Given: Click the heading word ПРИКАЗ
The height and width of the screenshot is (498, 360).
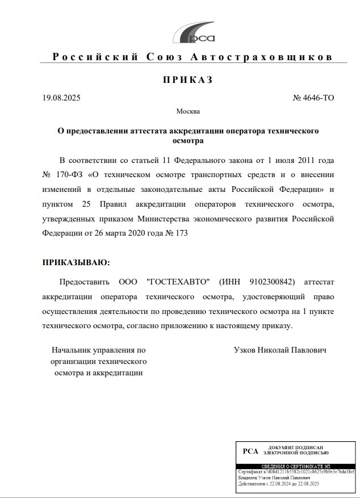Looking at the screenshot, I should tap(187, 80).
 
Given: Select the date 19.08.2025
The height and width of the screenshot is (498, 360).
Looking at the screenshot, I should tap(61, 98).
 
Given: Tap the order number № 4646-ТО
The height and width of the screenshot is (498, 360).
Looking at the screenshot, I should tap(313, 98).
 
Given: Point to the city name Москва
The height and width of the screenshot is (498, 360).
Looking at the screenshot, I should tap(188, 111).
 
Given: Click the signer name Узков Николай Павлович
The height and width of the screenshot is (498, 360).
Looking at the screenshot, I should tap(280, 350).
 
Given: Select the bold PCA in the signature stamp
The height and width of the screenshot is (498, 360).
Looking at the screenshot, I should tap(250, 451).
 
